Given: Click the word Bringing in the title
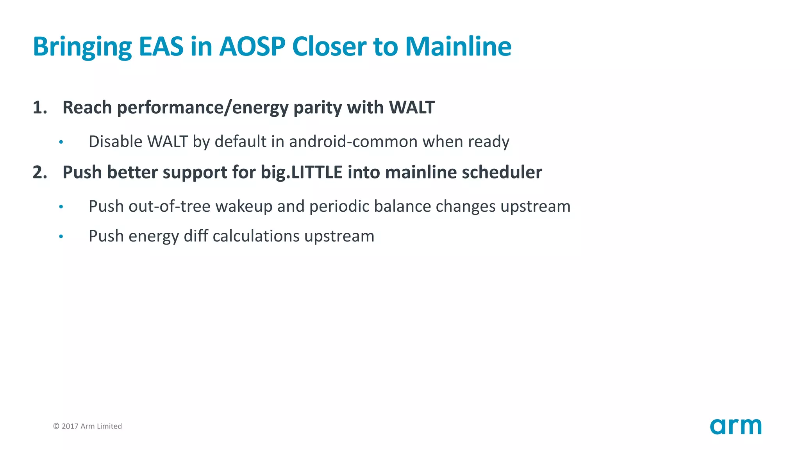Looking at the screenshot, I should pos(82,47).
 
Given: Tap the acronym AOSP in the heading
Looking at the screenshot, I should pos(252,47).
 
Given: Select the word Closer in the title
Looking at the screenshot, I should pos(329,47).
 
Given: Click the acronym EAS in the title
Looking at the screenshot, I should pos(161,47).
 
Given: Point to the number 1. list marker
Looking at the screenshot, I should pos(40,107).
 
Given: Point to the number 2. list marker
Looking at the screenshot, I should pos(40,172).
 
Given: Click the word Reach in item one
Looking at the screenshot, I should pos(87,107).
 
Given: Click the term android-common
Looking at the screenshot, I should pos(353,141).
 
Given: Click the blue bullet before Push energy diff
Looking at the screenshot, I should pos(61,236).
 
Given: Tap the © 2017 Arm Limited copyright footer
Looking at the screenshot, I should pos(87,426).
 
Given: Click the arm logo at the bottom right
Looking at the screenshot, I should pos(736,426).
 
